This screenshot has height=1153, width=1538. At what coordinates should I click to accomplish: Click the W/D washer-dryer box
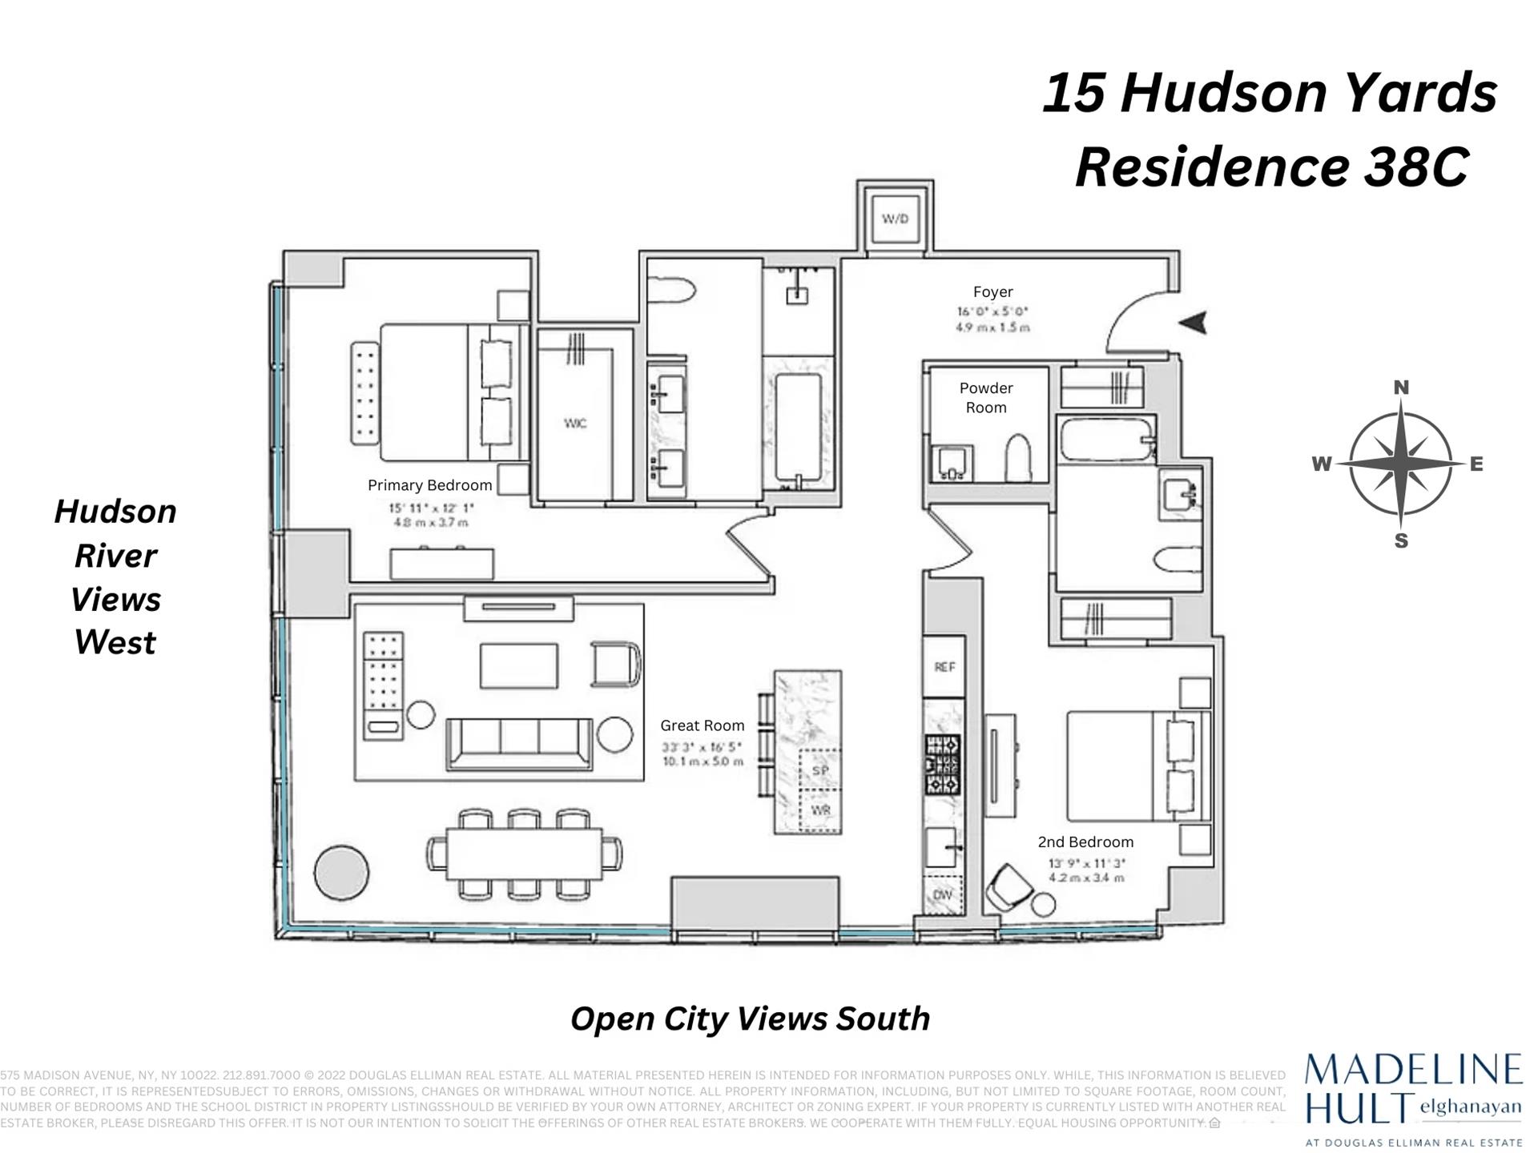click(x=895, y=219)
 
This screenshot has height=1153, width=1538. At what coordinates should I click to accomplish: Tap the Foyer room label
click(x=992, y=292)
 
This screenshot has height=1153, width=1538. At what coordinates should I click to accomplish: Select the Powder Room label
click(x=986, y=397)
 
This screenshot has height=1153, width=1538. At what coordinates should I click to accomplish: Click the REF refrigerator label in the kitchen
click(x=944, y=667)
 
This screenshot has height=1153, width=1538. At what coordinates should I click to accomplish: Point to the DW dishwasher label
click(x=943, y=894)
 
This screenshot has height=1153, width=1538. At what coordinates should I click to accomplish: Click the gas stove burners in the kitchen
click(x=943, y=764)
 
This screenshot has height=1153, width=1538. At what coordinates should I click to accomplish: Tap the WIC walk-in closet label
click(x=575, y=423)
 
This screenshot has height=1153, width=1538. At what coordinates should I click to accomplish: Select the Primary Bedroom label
click(x=429, y=485)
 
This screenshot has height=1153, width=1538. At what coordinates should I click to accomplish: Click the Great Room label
click(x=702, y=725)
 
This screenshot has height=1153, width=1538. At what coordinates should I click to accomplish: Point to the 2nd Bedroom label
click(x=1085, y=842)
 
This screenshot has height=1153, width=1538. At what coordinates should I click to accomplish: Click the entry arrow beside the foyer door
click(x=1193, y=323)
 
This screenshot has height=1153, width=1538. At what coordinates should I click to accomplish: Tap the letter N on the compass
click(x=1401, y=388)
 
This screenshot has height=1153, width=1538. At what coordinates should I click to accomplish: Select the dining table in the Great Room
click(x=524, y=854)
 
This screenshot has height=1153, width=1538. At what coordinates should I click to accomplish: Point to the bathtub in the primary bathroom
click(x=799, y=428)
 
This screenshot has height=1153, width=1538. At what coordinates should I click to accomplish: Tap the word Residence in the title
click(x=1211, y=167)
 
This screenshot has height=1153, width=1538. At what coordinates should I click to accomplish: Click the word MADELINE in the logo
click(x=1413, y=1071)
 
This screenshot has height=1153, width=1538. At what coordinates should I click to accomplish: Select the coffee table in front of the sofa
click(x=519, y=665)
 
